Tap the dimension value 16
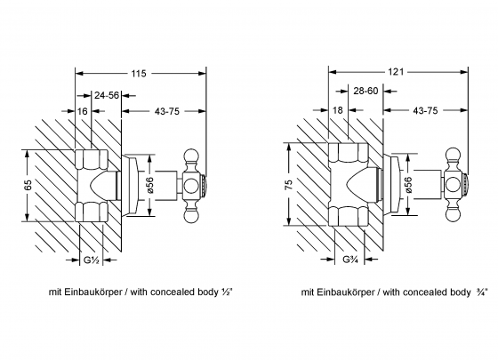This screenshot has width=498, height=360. point(81,114)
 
